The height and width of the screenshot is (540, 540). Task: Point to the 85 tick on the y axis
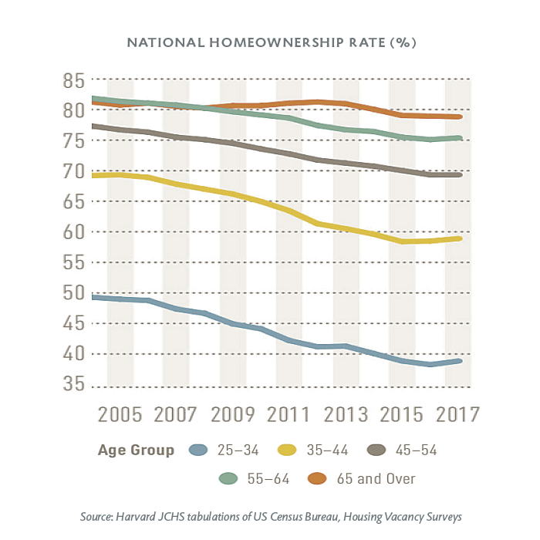pos(73,80)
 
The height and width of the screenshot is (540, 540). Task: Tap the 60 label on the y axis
pos(73,232)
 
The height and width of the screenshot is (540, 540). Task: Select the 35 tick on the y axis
pos(73,384)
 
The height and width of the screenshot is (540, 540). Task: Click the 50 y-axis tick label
pos(73,293)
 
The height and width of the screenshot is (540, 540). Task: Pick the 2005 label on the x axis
pos(121,413)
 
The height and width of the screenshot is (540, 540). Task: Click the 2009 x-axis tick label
pos(234,413)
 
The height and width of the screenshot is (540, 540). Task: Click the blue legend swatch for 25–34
pos(202,451)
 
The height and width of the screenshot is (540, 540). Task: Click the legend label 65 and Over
pos(376,479)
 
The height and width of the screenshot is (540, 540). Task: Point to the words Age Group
pos(136,451)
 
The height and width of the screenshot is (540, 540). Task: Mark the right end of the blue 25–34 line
pos(461,361)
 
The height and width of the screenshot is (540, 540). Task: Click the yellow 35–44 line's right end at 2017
pos(461,238)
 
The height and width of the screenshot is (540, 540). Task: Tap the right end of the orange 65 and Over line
pos(461,116)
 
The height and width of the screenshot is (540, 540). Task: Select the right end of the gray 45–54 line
pos(461,175)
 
